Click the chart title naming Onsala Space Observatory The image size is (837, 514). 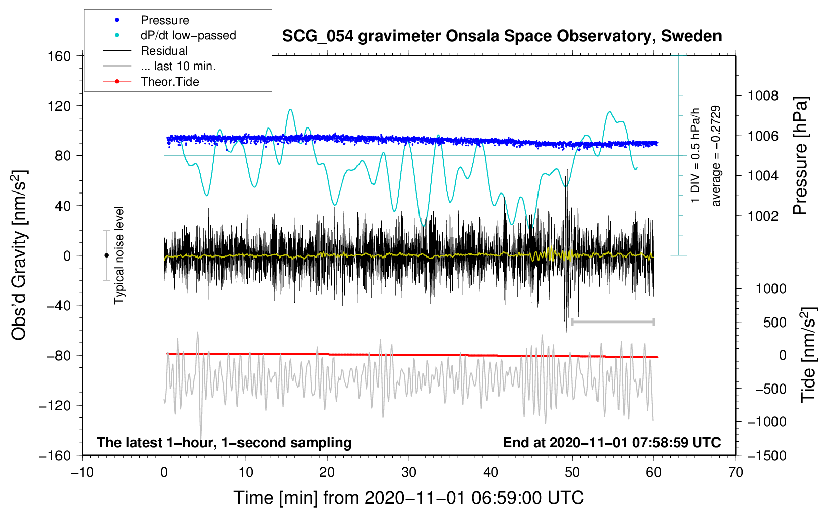[x=502, y=36]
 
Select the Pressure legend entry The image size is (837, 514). [x=164, y=20]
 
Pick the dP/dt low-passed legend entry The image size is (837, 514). [x=188, y=35]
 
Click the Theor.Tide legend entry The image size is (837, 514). [x=169, y=82]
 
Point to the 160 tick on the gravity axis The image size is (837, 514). [x=59, y=56]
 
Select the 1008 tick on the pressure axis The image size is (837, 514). [x=763, y=96]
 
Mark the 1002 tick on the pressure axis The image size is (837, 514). [x=763, y=216]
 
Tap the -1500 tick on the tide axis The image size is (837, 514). [x=766, y=455]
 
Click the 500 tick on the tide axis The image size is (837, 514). [x=774, y=322]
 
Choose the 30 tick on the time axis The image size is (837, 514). [x=409, y=472]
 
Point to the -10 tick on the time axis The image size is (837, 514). [x=82, y=472]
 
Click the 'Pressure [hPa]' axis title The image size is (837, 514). [x=800, y=156]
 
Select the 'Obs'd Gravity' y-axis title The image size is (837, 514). [x=19, y=255]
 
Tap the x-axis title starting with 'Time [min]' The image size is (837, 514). [x=408, y=498]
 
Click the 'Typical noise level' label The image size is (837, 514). [x=119, y=255]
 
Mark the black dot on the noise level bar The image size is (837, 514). [x=106, y=255]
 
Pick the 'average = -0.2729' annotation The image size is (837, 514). [x=715, y=156]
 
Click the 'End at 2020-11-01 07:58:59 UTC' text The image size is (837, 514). [x=612, y=443]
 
